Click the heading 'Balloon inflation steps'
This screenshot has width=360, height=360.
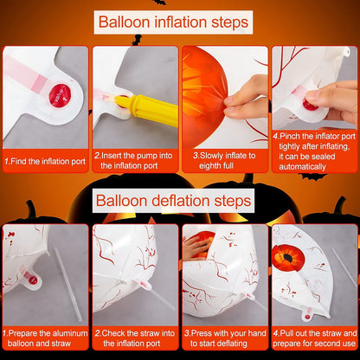[x=173, y=22]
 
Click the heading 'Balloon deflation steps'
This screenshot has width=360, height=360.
[x=173, y=201]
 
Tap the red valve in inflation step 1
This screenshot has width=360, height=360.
[x=60, y=95]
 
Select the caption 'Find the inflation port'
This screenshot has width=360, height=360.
[x=45, y=161]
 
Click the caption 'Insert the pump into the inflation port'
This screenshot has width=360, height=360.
[x=133, y=160]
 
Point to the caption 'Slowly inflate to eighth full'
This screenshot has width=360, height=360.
[x=224, y=160]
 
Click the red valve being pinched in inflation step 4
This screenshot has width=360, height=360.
[x=310, y=106]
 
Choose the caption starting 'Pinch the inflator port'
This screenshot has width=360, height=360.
[x=313, y=151]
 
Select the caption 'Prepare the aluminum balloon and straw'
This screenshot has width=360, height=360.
[x=45, y=338]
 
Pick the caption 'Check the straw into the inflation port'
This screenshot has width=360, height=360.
[x=135, y=338]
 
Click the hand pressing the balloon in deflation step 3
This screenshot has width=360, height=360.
[x=196, y=247]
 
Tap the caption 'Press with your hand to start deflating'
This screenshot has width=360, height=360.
[x=225, y=338]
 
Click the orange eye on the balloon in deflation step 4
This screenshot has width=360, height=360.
[x=288, y=258]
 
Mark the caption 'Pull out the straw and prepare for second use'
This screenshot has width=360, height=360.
[x=315, y=338]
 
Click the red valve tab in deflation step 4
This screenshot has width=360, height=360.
[x=307, y=315]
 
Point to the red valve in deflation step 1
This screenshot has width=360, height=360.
[x=33, y=280]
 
